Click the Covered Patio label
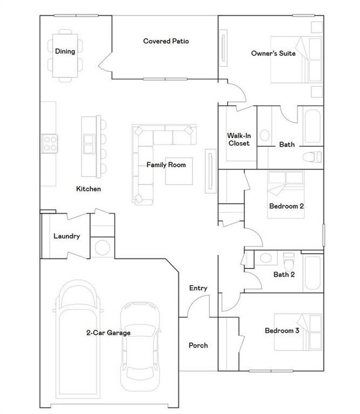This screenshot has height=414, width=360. point(166,41)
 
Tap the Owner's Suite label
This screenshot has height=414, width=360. point(273,53)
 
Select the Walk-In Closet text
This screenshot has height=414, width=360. point(239,139)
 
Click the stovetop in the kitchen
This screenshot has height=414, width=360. point(50,144)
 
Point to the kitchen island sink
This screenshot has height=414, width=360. point(89,144)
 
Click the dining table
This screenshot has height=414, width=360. point(65,55)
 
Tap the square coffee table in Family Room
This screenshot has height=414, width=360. point(179,171)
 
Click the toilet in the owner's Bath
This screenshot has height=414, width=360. point(312,157)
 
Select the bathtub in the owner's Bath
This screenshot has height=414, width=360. point(313,126)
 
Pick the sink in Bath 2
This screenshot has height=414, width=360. point(266,258)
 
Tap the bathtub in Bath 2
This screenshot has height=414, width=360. point(313,272)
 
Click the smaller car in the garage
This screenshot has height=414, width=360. point(140,346)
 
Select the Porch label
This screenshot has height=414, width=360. point(198,345)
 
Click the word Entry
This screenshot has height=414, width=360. point(198,288)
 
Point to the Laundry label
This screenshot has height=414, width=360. point(66,236)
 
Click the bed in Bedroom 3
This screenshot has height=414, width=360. point(298,332)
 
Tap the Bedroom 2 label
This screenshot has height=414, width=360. point(286,206)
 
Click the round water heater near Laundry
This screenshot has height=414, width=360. point(102,247)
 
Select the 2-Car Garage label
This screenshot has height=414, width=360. point(109,333)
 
